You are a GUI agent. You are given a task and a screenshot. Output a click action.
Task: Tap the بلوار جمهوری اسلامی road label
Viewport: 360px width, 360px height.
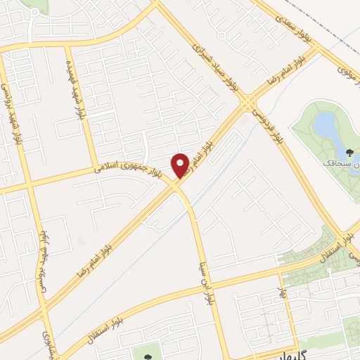tap(127, 167)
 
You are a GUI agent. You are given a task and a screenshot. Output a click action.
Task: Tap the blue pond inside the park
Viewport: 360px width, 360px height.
tap(325, 126)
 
